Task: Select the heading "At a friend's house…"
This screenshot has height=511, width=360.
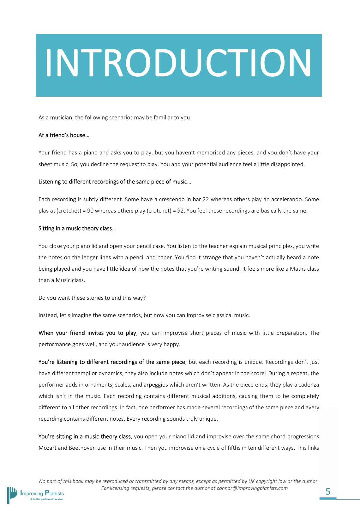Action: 64,135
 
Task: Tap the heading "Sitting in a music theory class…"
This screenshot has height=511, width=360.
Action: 77,228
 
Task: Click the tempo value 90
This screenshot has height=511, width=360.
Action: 90,211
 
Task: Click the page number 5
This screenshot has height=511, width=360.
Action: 328,491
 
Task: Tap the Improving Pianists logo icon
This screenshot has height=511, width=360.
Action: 13,494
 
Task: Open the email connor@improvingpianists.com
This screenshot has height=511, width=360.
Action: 252,488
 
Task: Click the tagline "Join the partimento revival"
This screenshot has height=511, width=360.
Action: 46,499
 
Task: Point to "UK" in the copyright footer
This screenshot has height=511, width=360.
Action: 251,481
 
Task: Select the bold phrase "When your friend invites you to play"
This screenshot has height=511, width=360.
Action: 87,333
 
